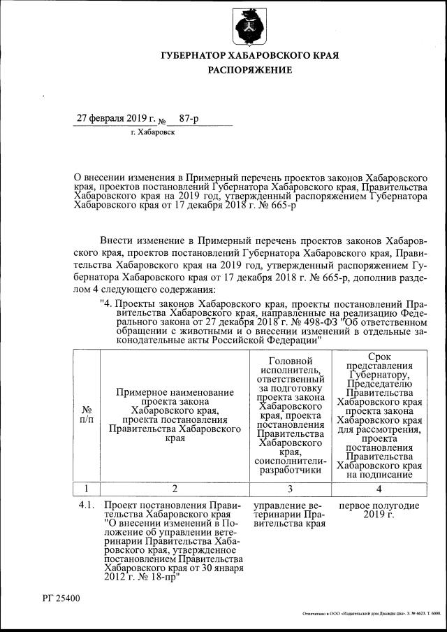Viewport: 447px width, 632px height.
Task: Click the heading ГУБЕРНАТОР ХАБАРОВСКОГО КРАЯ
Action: [x=249, y=56]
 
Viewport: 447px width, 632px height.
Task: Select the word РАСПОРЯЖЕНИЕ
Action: [x=249, y=71]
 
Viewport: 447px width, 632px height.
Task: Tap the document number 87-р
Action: [x=189, y=119]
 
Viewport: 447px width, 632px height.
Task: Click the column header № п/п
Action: [x=87, y=414]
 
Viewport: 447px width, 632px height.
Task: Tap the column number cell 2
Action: [x=174, y=488]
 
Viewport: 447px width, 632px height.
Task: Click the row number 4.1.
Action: [x=87, y=505]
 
